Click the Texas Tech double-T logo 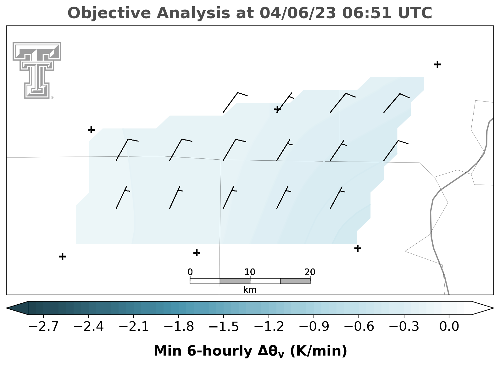(x=37, y=70)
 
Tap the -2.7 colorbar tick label (x=43, y=327)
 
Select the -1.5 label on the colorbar (x=224, y=327)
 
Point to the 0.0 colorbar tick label (x=449, y=327)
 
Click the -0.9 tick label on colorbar (x=314, y=327)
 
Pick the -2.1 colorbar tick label (x=134, y=327)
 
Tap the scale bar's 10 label (x=250, y=272)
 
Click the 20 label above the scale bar (x=310, y=272)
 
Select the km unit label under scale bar (x=250, y=290)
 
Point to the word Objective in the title (x=109, y=14)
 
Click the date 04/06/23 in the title (x=298, y=13)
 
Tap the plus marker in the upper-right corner (x=437, y=64)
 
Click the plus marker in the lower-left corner (x=63, y=256)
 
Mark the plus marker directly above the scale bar (x=197, y=253)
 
